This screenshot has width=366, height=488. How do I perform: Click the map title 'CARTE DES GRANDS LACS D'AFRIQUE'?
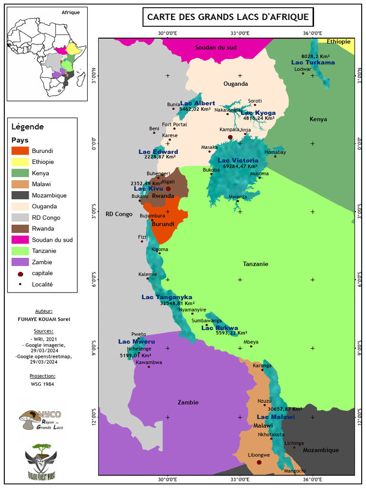228,17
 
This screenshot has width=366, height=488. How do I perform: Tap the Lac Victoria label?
238,161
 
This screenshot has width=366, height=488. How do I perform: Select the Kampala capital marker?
230,137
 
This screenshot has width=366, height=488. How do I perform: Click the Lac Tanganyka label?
167,297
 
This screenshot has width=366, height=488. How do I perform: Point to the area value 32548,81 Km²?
177,304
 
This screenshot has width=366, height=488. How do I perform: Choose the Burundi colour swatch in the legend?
20,151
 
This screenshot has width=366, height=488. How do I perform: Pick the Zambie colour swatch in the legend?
20,262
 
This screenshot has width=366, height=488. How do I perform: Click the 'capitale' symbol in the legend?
20,274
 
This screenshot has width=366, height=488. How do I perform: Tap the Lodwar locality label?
303,69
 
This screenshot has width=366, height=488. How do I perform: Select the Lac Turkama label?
313,62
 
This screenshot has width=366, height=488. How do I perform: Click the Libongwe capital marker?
259,462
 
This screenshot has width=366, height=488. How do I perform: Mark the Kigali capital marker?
168,189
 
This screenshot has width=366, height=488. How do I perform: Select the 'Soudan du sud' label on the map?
216,48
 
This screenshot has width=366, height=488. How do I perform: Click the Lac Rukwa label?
220,328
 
